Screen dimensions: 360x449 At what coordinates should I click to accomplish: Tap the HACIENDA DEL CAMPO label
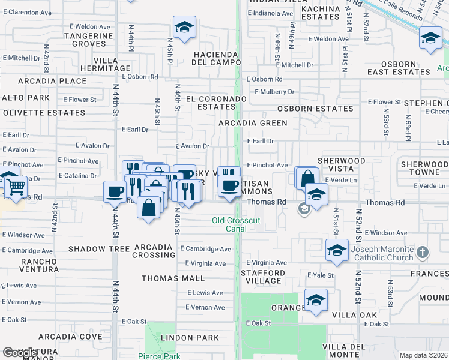pyautogui.click(x=215, y=58)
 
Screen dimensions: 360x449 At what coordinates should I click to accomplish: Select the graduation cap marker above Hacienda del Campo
pyautogui.click(x=185, y=27)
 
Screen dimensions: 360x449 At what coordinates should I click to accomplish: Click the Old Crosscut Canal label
pyautogui.click(x=237, y=224)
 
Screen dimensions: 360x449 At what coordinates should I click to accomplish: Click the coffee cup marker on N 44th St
pyautogui.click(x=115, y=192)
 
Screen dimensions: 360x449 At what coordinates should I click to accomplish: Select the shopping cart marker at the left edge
pyautogui.click(x=14, y=187)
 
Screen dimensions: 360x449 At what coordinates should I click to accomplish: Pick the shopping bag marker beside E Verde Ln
pyautogui.click(x=307, y=178)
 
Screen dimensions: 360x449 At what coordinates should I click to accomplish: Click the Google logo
pyautogui.click(x=20, y=353)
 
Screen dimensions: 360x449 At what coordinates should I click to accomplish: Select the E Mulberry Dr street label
pyautogui.click(x=274, y=92)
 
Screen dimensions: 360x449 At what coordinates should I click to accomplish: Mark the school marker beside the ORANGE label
pyautogui.click(x=316, y=300)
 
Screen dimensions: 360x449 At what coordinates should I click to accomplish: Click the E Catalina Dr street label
pyautogui.click(x=77, y=176)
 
